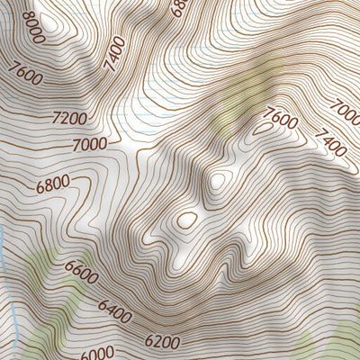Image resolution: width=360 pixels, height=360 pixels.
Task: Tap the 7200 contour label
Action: pyautogui.click(x=70, y=118)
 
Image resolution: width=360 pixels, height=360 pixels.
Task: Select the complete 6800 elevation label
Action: pyautogui.click(x=53, y=186)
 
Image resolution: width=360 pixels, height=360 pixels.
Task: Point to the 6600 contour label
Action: pyautogui.click(x=80, y=269)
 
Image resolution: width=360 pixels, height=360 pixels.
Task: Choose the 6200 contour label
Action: pyautogui.click(x=161, y=341)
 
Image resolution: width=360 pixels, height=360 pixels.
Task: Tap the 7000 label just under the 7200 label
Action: pyautogui.click(x=91, y=143)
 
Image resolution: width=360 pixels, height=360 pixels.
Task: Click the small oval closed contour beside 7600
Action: pyautogui.click(x=262, y=129)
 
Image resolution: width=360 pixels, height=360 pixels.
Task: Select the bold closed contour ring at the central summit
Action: pyautogui.click(x=187, y=219)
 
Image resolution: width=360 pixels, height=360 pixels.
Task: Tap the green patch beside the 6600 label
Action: pyautogui.click(x=40, y=270)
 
